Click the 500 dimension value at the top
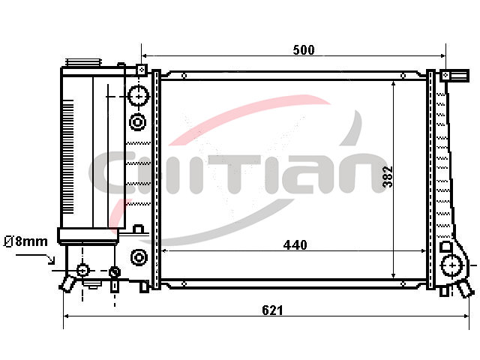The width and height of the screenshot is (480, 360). tap(303, 49)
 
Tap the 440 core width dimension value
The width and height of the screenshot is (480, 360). tap(295, 245)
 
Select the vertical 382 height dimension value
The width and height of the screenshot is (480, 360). tap(388, 177)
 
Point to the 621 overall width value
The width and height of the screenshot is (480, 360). tap(272, 310)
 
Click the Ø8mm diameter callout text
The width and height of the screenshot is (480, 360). tap(25, 241)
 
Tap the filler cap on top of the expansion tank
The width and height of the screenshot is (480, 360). tap(83, 62)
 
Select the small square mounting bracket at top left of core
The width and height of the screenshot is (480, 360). tap(142, 70)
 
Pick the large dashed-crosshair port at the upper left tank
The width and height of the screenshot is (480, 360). tap(139, 96)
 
